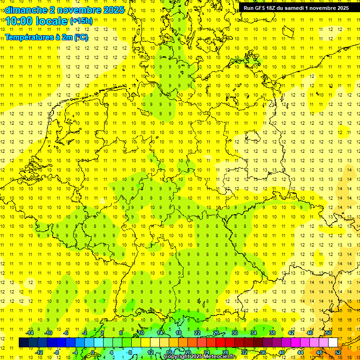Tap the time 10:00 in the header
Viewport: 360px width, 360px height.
click(19, 21)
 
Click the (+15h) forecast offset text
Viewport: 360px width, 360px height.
click(82, 21)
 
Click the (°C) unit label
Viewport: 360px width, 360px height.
click(80, 37)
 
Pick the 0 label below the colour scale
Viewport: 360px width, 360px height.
click(93, 352)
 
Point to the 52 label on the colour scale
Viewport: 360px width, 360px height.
click(338, 352)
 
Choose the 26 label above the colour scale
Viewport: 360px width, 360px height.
click(216, 333)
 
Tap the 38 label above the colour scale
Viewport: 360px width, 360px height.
click(272, 333)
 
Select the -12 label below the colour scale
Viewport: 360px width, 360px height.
click(39, 352)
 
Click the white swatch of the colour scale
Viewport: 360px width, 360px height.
click(333, 342)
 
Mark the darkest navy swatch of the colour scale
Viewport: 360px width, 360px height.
click(23, 342)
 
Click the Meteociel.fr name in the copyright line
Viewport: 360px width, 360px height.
click(220, 357)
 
